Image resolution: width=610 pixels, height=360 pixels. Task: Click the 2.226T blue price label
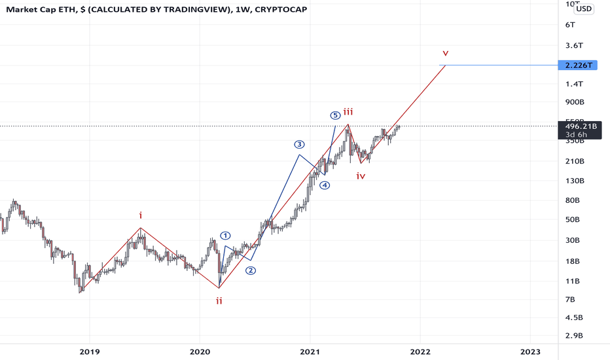tap(576, 65)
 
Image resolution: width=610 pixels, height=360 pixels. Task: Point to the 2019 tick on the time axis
tap(89, 351)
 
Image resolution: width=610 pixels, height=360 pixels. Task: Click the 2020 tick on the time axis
tap(200, 351)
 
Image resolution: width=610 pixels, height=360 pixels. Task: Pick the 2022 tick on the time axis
tap(420, 351)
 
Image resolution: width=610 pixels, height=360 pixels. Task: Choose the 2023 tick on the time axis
tap(531, 351)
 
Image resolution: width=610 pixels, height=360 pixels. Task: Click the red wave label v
tap(446, 52)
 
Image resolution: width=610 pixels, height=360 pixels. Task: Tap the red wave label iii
tap(348, 112)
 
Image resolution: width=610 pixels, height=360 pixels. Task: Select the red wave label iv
tap(361, 175)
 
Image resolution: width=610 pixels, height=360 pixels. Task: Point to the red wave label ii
tap(219, 300)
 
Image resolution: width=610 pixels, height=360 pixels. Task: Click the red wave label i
tap(140, 215)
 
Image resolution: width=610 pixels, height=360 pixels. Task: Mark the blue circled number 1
tap(226, 236)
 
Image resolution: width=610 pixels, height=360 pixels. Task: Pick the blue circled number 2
tap(251, 270)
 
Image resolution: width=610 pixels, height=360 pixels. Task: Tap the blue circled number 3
tap(299, 144)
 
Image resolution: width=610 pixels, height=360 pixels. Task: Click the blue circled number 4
tap(325, 185)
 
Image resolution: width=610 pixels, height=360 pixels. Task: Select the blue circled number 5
tap(335, 115)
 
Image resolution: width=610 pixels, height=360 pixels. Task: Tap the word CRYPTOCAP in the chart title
tap(280, 10)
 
